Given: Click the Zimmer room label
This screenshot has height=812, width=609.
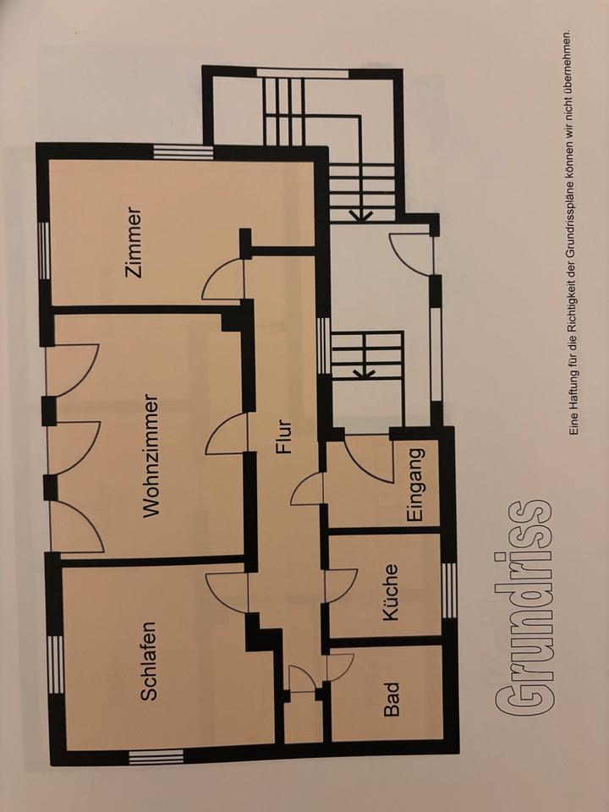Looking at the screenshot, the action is point(134,243).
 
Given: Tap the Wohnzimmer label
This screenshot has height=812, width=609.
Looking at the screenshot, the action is point(151,456).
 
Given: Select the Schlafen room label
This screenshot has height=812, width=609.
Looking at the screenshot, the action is point(149,661).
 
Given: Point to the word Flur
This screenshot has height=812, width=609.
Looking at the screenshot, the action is point(284,437).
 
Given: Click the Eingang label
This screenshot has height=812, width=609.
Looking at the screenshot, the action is point(416,484).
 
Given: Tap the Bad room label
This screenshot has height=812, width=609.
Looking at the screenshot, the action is point(392,699).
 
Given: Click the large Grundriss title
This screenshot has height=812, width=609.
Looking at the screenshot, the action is point(523,607).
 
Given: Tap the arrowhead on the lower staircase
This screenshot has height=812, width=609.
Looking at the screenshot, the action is point(364,372).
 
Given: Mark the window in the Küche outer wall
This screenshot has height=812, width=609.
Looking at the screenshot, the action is point(449,590).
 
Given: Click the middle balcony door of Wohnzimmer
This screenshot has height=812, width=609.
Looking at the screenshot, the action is point(76,448).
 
